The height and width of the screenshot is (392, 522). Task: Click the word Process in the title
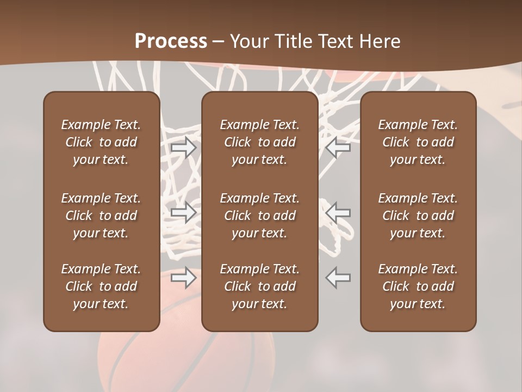click(x=171, y=41)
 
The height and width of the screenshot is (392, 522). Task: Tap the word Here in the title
click(x=380, y=41)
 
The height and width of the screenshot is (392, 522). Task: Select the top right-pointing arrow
click(x=183, y=148)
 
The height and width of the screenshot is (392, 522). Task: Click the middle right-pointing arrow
click(x=183, y=212)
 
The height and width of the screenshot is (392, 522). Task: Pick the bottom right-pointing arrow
click(x=183, y=278)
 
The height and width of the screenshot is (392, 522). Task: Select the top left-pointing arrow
click(x=338, y=148)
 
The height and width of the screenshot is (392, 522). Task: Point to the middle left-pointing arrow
click(x=338, y=212)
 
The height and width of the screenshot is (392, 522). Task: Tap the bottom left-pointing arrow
click(x=338, y=278)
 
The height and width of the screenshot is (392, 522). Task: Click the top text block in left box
click(x=101, y=142)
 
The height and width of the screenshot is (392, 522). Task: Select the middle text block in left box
click(x=101, y=216)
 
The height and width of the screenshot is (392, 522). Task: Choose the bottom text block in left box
click(x=101, y=286)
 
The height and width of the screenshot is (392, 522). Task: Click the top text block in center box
click(x=260, y=142)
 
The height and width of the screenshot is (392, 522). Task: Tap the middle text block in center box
click(x=260, y=216)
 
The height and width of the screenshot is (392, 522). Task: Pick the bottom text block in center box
click(x=260, y=286)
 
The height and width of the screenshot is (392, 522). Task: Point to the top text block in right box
click(x=418, y=142)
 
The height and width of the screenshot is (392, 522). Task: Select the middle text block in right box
click(x=418, y=216)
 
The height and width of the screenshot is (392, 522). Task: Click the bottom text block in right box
click(x=418, y=286)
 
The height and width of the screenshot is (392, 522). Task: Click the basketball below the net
click(x=179, y=354)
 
